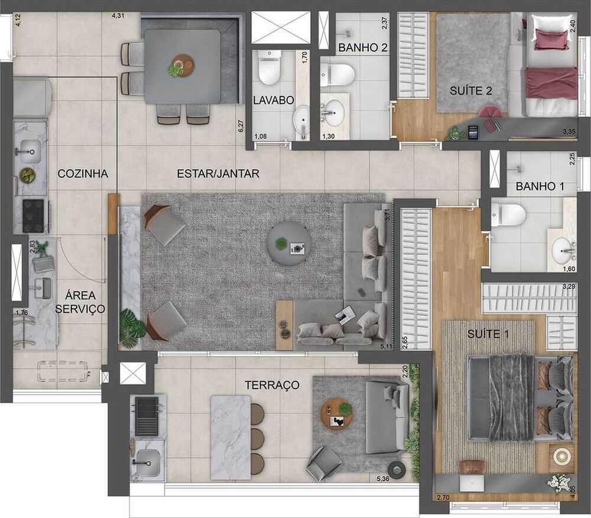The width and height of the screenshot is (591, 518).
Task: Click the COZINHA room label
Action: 83,174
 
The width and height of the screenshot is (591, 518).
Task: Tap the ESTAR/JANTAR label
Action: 218,174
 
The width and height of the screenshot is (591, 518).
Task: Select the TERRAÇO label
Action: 272,386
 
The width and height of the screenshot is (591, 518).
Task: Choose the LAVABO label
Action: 274,101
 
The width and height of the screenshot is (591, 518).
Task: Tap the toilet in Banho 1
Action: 508,213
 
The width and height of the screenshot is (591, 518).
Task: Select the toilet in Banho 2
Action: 337,75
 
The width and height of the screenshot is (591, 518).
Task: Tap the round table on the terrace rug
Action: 337,413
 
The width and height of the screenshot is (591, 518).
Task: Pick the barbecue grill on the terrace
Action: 148,409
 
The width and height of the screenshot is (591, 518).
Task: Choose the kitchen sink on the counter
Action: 29,150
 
